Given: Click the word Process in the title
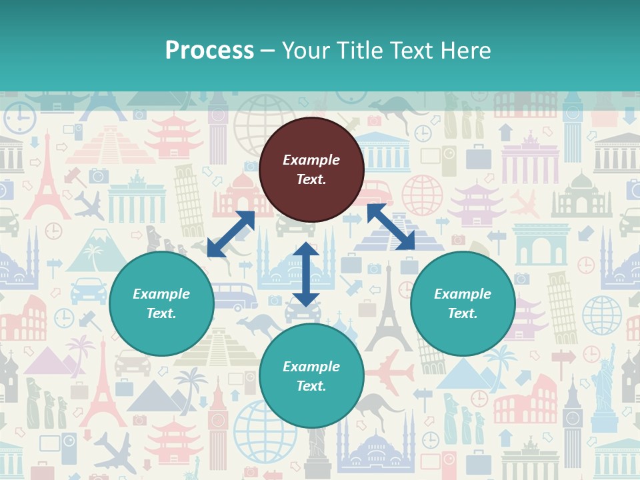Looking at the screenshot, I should (x=209, y=51).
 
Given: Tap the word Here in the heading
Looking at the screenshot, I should (x=464, y=51).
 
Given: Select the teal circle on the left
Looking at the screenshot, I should (x=161, y=303).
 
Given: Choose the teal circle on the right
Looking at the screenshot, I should (x=463, y=303).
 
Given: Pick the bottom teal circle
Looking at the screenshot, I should (x=311, y=376).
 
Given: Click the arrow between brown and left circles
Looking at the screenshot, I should (x=231, y=234).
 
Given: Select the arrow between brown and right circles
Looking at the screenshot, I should (x=391, y=227).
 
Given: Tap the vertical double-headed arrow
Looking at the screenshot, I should (x=305, y=274).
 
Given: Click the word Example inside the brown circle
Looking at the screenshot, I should (x=311, y=160).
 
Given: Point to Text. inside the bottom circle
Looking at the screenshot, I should (x=311, y=386).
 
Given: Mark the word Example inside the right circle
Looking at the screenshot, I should (x=463, y=294).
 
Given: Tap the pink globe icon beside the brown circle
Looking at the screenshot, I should (x=422, y=195).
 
